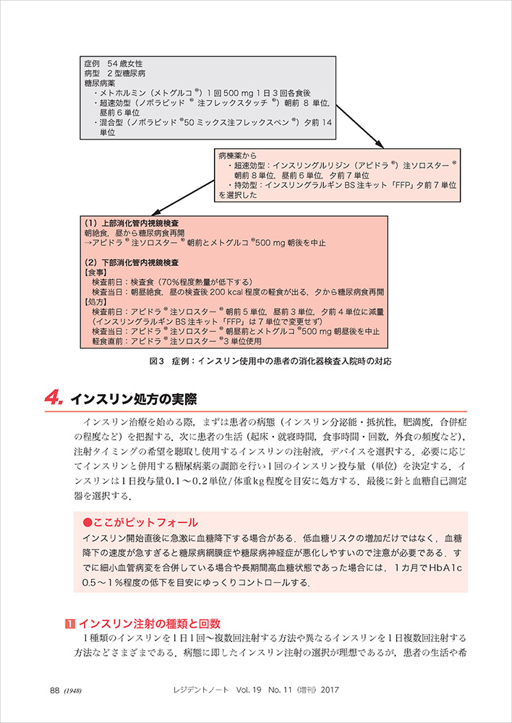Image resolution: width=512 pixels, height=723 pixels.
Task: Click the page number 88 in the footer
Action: [55, 690]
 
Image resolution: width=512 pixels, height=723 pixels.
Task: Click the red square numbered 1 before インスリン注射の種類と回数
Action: [69, 623]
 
